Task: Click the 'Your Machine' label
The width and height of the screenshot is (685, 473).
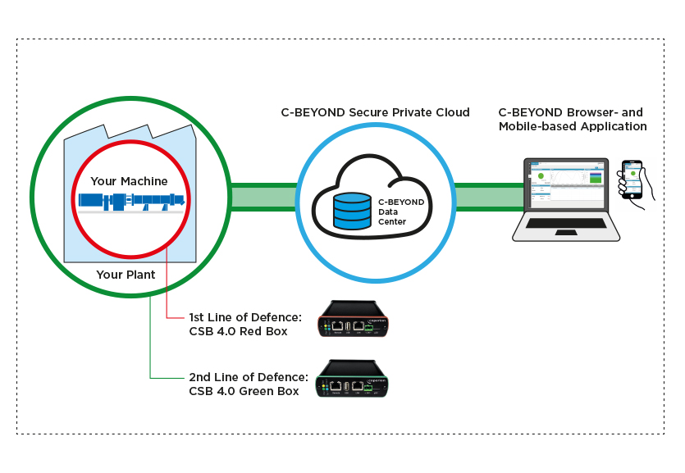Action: (x=129, y=181)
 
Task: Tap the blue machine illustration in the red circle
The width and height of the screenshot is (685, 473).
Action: (x=130, y=201)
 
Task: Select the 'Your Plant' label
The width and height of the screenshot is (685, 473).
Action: (x=126, y=275)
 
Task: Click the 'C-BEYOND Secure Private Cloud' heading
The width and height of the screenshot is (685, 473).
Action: (x=375, y=112)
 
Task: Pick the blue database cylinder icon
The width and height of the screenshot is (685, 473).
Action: (x=352, y=210)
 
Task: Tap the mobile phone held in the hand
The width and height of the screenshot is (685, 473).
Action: (x=632, y=179)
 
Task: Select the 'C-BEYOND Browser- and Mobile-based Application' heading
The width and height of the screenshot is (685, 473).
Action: (x=572, y=120)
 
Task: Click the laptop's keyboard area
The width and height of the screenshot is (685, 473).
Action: (x=566, y=223)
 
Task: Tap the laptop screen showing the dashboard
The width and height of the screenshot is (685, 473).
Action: (x=567, y=183)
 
